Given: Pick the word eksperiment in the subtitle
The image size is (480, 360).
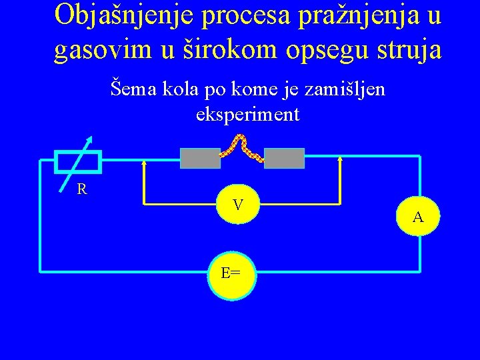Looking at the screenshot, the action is coord(248,114).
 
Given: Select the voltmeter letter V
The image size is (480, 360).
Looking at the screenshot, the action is coord(237,205).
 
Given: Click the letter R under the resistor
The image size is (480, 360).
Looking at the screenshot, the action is coord(81,189).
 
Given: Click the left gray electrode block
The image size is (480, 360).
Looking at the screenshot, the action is coord(201,158).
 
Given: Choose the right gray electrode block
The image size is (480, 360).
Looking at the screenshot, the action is coord(284,158).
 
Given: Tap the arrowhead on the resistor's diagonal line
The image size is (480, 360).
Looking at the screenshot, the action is coord(90,139).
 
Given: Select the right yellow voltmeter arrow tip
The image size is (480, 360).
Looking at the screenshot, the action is coord(341,159).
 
